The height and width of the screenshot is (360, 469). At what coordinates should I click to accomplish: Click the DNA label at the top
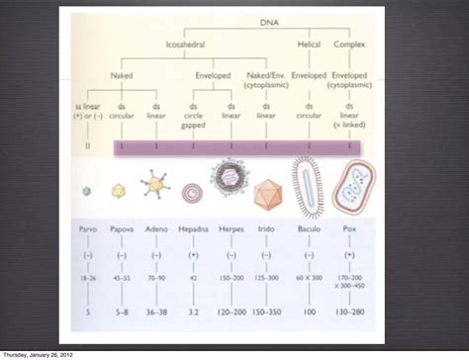point(269,22)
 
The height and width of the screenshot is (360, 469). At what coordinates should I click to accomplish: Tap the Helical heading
point(310,45)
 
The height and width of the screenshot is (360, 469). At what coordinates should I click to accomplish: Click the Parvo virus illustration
point(87,191)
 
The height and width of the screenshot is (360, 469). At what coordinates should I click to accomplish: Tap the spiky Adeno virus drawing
point(155,187)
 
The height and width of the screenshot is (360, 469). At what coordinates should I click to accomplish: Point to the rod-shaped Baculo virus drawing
point(309,189)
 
